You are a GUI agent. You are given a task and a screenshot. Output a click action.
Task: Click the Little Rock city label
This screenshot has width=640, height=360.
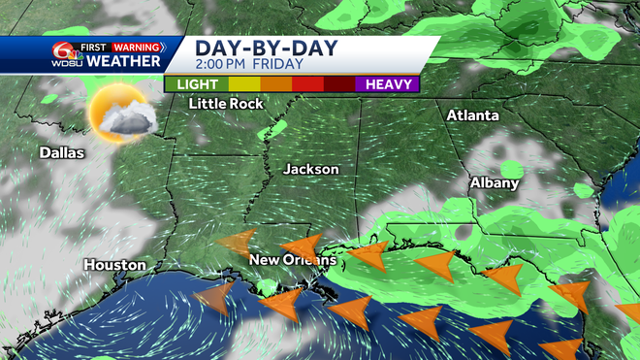pos(227,104)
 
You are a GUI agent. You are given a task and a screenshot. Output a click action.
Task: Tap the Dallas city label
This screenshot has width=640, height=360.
pos(62,152)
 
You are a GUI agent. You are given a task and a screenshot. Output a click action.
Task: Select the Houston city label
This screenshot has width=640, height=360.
pos(114,264)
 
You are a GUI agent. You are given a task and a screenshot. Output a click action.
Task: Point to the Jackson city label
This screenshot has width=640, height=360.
pos(311,169)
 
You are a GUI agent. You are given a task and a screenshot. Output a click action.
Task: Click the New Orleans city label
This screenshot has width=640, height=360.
pos(292,260)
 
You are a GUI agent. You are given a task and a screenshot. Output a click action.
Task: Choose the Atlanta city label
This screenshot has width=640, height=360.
pos(473,115)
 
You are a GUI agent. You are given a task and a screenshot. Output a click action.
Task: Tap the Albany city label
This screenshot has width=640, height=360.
pos(496,182)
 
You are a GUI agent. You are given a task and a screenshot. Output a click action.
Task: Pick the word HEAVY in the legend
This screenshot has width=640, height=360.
pos(390,83)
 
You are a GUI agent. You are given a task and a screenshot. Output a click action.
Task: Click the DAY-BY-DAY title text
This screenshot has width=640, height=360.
pos(256,48)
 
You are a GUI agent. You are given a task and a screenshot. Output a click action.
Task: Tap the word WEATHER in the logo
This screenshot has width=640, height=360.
pos(122,61)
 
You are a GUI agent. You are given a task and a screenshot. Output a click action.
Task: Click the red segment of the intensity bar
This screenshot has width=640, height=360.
pos(308,83)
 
